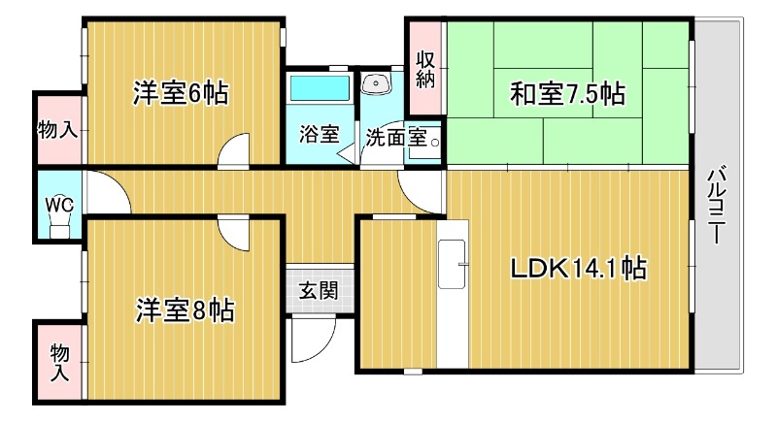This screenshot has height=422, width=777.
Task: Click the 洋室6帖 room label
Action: (x=181, y=93)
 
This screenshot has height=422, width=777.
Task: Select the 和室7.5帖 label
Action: (x=567, y=94)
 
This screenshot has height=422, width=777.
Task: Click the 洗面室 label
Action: (x=396, y=137)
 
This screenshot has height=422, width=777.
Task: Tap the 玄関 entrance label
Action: (x=317, y=289)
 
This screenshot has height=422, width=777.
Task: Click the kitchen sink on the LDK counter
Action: (x=453, y=262)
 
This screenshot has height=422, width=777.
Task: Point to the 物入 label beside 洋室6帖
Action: (x=58, y=129)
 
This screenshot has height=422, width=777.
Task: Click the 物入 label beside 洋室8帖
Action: (x=59, y=360)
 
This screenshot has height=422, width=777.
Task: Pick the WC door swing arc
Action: (x=109, y=194)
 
